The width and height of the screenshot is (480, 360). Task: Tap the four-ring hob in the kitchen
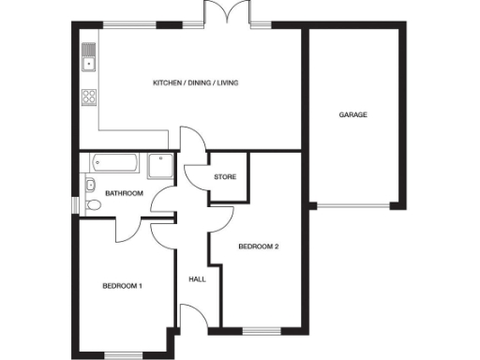click(89, 95)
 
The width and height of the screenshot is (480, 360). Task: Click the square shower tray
click(159, 165)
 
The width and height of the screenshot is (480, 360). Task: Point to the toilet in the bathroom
click(92, 205)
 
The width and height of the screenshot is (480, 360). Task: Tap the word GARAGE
click(352, 115)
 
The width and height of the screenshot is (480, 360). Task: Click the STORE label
click(224, 176)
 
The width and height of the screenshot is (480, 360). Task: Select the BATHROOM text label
click(123, 194)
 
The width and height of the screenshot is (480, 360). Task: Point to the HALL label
click(197, 278)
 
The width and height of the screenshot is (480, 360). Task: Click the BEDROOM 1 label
click(122, 286)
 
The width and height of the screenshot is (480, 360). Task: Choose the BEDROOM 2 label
click(258, 247)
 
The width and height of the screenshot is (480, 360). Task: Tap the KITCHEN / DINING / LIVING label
click(196, 83)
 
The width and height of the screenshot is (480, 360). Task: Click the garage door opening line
click(354, 205)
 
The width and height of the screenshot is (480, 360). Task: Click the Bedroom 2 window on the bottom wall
click(258, 329)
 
